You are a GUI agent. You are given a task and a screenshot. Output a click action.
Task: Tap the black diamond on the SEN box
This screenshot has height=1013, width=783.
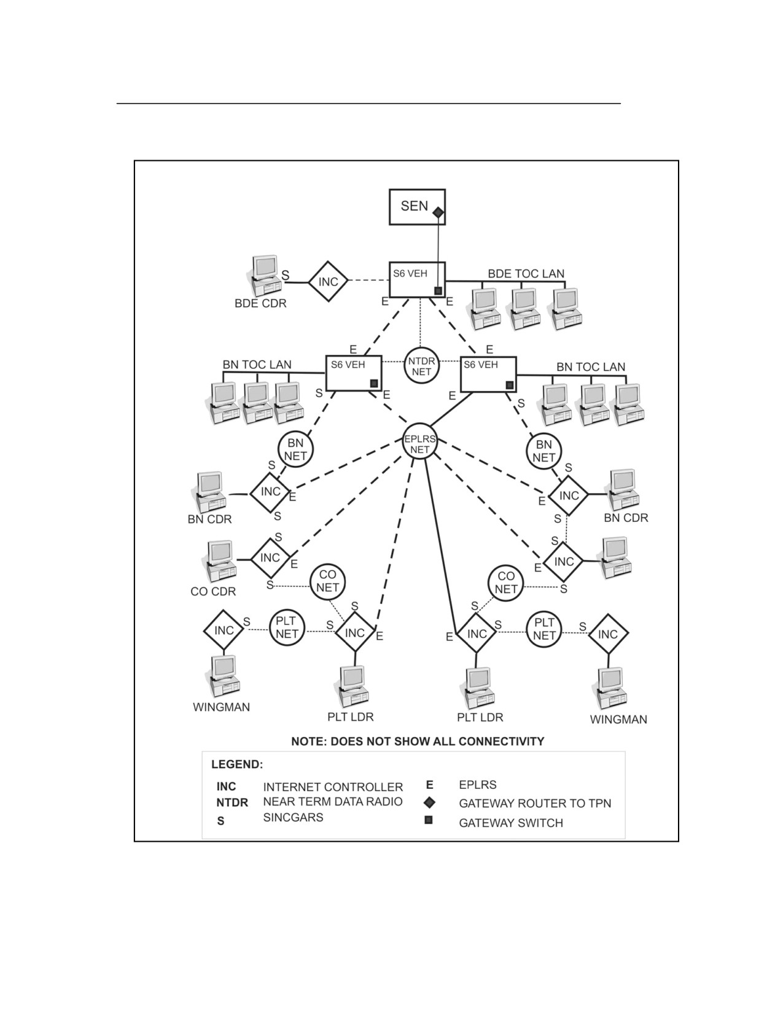pyautogui.click(x=437, y=212)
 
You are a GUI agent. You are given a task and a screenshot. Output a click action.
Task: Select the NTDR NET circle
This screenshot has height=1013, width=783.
pyautogui.click(x=421, y=365)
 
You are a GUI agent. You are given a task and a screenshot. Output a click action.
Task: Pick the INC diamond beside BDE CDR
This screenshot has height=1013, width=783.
pyautogui.click(x=328, y=281)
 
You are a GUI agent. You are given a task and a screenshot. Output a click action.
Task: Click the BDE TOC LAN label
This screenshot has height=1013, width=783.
pyautogui.click(x=526, y=274)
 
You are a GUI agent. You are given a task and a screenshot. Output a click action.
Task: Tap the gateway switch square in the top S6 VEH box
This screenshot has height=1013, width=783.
pyautogui.click(x=438, y=290)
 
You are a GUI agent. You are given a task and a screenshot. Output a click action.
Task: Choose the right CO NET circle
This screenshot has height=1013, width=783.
pyautogui.click(x=505, y=583)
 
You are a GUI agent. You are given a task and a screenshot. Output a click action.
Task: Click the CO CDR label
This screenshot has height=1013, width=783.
pyautogui.click(x=213, y=592)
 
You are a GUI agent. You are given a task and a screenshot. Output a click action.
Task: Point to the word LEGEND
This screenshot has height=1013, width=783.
pyautogui.click(x=237, y=764)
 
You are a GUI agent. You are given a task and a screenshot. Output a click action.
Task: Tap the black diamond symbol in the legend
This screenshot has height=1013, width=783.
pyautogui.click(x=429, y=802)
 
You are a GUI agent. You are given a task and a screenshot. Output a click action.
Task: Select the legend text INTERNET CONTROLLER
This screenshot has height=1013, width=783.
pyautogui.click(x=333, y=787)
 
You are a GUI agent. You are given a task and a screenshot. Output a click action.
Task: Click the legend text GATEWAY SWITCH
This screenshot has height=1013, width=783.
pyautogui.click(x=511, y=823)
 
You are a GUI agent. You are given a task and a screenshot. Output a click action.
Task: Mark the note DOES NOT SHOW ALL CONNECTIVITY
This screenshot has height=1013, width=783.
pyautogui.click(x=418, y=741)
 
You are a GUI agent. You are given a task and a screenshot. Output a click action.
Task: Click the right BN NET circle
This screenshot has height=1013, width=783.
pyautogui.click(x=543, y=451)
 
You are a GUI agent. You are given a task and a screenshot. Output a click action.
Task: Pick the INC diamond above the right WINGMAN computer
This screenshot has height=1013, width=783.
pyautogui.click(x=607, y=634)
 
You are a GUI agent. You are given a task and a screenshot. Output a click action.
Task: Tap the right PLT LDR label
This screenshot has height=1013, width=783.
pyautogui.click(x=480, y=717)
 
